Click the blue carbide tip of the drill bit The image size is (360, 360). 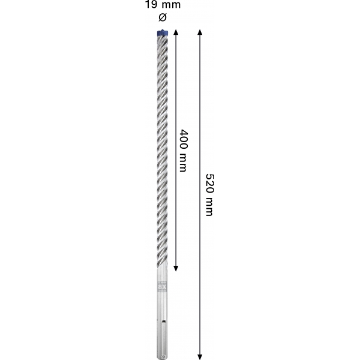pyautogui.click(x=163, y=32)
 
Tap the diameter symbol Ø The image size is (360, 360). pyautogui.click(x=163, y=17)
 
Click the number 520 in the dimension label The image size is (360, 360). pyautogui.click(x=209, y=183)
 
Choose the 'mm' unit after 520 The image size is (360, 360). pyautogui.click(x=209, y=206)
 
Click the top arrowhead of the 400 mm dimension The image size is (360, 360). pyautogui.click(x=176, y=32)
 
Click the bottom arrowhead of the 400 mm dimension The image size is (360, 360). pyautogui.click(x=176, y=268)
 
